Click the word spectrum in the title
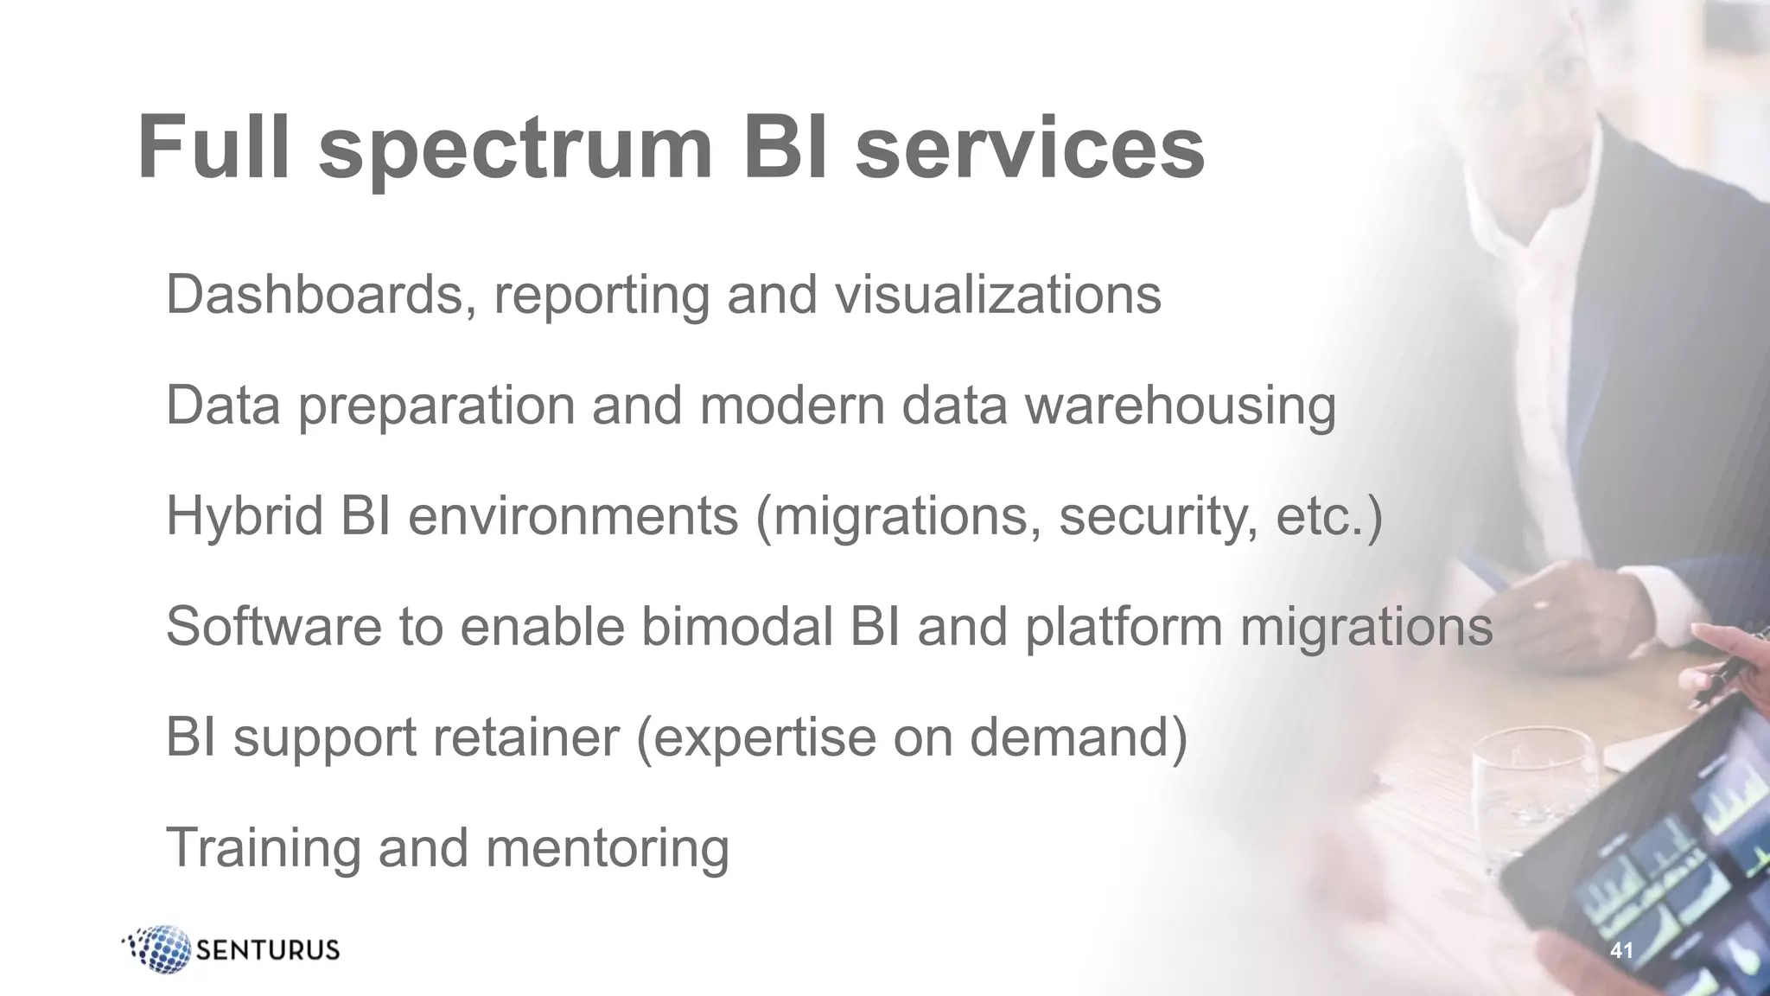pyautogui.click(x=515, y=149)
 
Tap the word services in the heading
pyautogui.click(x=1029, y=149)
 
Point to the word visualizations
pyautogui.click(x=997, y=295)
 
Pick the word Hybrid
pyautogui.click(x=245, y=516)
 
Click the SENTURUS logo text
pyautogui.click(x=268, y=950)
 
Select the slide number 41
pyautogui.click(x=1621, y=951)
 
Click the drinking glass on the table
pyautogui.click(x=1531, y=795)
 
